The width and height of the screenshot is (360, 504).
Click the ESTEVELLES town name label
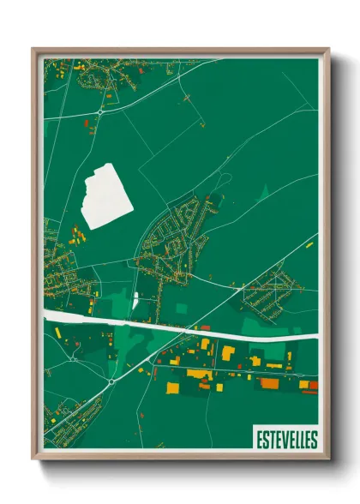[286, 441]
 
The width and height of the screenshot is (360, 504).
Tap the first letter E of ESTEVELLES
[259, 441]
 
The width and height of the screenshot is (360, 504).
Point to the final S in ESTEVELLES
[314, 441]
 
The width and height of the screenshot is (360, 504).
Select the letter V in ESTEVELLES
[281, 441]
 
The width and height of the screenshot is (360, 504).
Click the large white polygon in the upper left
[108, 196]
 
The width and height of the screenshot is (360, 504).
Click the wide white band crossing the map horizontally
[180, 325]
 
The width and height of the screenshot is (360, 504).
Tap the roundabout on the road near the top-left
[100, 111]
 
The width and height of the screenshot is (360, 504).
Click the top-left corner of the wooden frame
[33, 50]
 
